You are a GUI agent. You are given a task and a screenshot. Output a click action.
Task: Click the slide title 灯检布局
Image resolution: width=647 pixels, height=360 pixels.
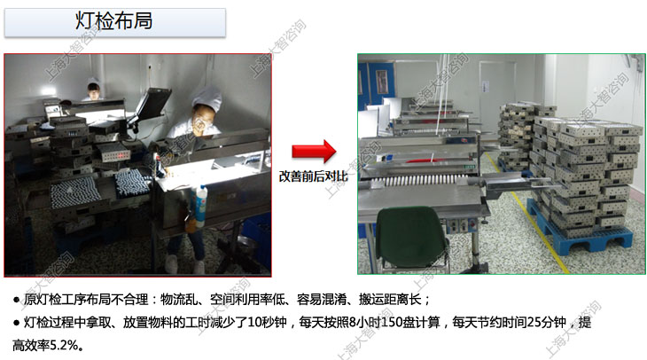(113, 20)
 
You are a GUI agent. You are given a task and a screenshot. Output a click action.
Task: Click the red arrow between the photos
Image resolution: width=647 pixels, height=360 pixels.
(314, 151)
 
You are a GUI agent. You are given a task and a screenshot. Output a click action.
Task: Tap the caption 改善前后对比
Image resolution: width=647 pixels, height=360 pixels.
(313, 176)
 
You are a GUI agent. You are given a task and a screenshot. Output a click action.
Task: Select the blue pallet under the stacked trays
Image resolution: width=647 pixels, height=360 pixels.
(581, 231)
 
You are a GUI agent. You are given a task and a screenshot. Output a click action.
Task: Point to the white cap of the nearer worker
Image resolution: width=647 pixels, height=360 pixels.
(207, 96)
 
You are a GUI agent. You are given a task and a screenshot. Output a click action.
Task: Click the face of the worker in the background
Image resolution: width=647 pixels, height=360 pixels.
(94, 91)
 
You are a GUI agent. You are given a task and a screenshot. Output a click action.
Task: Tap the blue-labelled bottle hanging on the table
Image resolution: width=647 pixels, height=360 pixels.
(200, 207)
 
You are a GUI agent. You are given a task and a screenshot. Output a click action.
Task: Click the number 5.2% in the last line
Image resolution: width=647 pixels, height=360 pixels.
(63, 345)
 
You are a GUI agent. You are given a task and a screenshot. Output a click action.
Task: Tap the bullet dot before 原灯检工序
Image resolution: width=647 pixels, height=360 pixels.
(17, 300)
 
